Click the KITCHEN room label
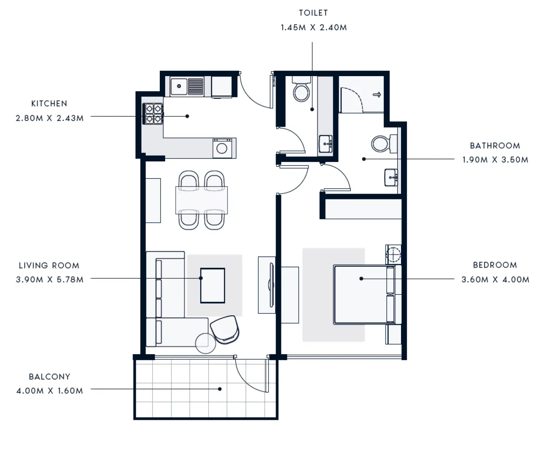tap(49, 104)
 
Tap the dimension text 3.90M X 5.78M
tap(49, 280)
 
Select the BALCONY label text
tap(49, 377)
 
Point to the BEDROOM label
tap(495, 265)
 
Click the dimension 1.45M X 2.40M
tap(313, 28)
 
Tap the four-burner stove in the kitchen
tap(153, 114)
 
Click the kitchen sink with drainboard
tap(187, 87)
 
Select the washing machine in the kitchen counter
tap(222, 148)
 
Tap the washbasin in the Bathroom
tap(391, 177)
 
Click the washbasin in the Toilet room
tap(325, 144)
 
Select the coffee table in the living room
tap(212, 286)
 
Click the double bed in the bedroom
tap(364, 294)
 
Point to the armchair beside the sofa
tap(225, 329)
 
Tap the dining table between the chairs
tap(202, 200)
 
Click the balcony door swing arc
tap(251, 376)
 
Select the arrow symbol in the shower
tap(377, 95)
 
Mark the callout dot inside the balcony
tap(220, 389)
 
